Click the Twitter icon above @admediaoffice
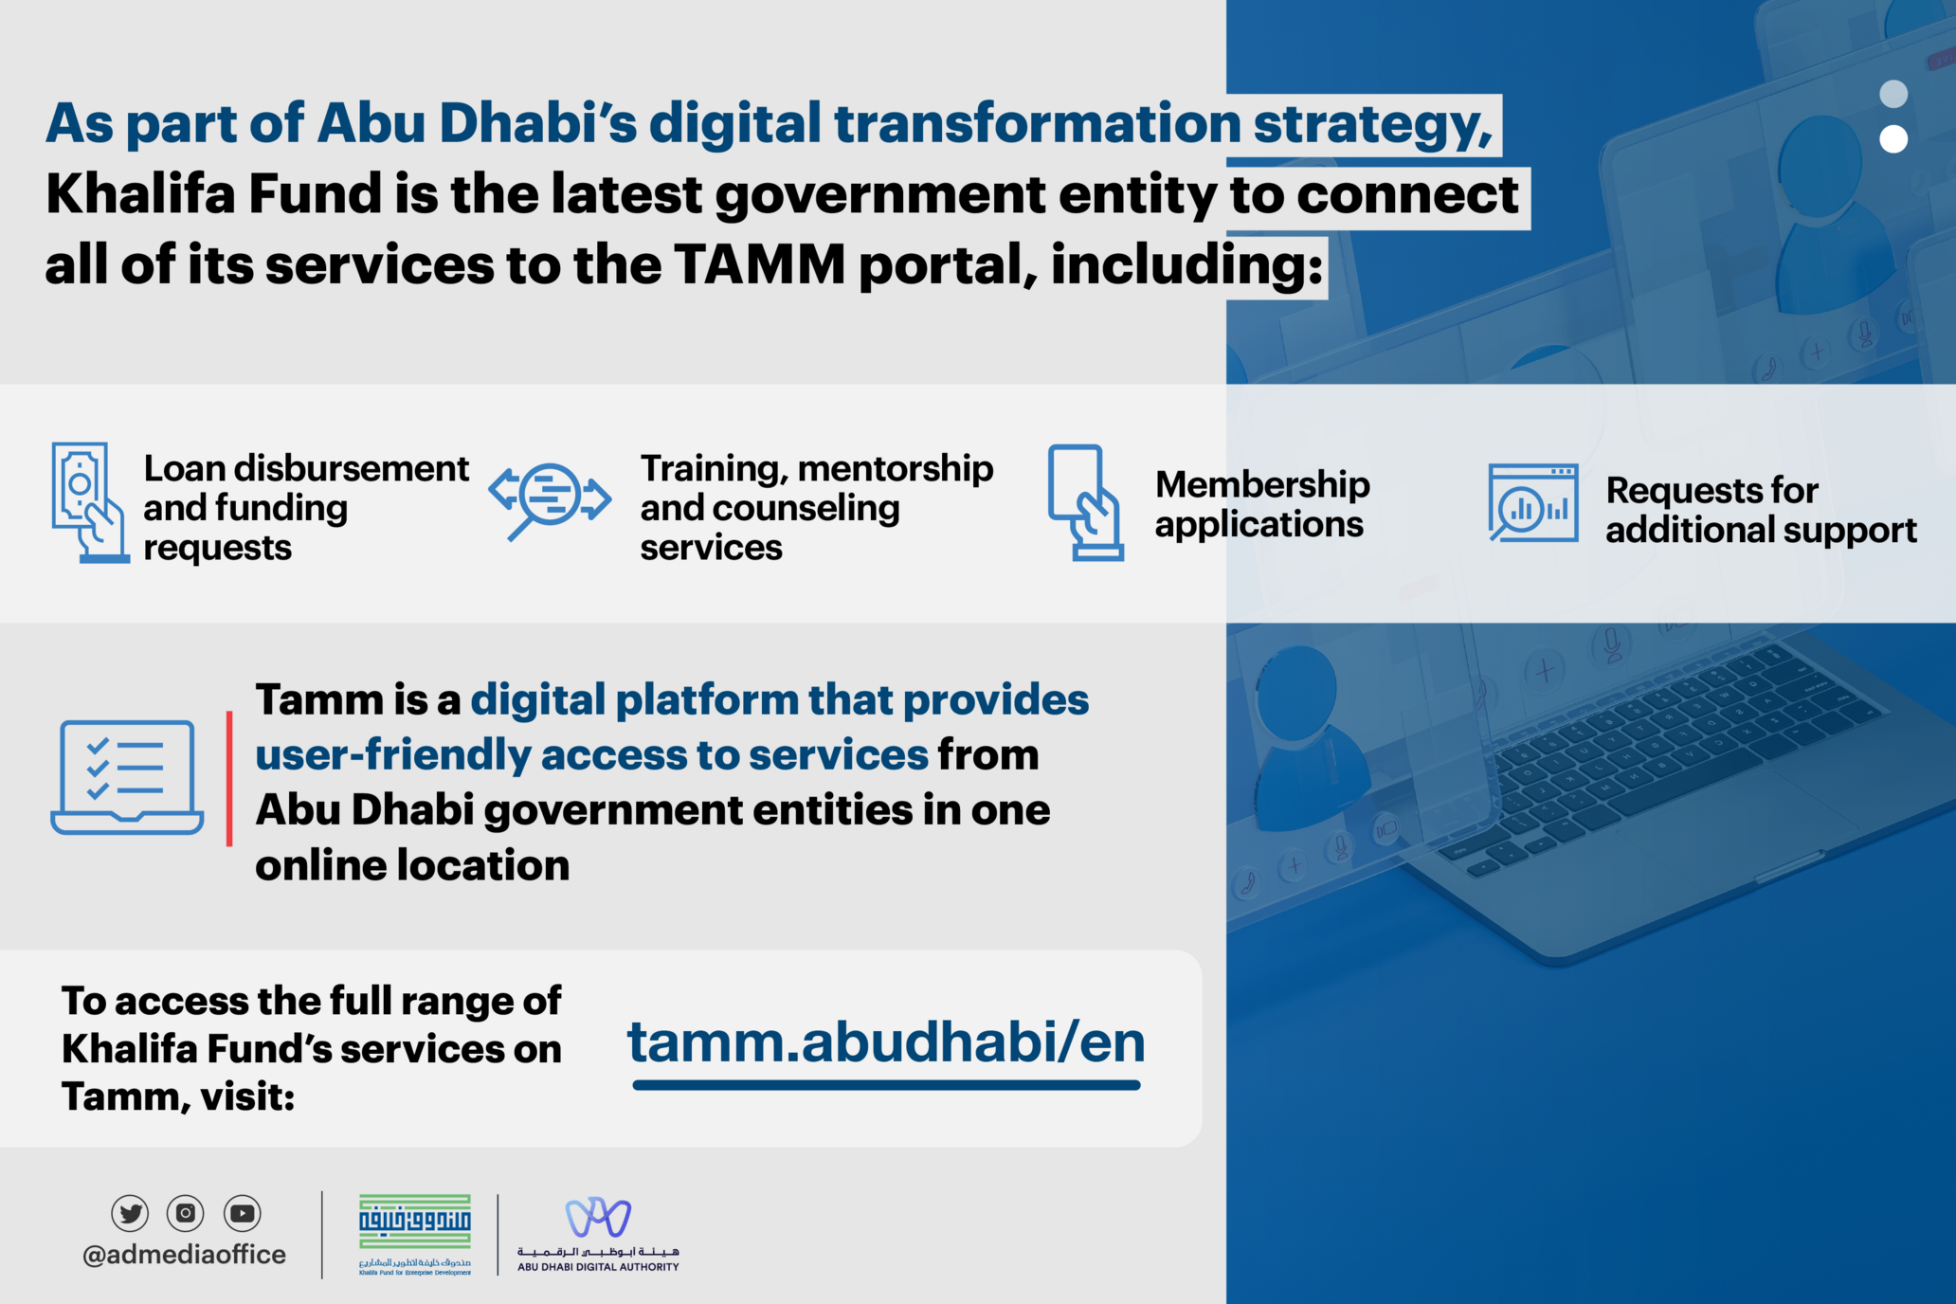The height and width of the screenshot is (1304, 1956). click(x=130, y=1213)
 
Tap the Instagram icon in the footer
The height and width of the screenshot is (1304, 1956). click(x=186, y=1213)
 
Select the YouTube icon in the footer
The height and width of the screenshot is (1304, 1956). click(x=243, y=1213)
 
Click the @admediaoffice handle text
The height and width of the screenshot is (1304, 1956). click(x=184, y=1255)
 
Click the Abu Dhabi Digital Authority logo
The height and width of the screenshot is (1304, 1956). click(x=598, y=1232)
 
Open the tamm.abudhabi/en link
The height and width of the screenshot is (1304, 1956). click(x=886, y=1043)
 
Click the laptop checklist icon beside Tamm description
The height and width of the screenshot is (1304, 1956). click(x=127, y=777)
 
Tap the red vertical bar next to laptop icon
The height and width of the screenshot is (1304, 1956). click(x=229, y=777)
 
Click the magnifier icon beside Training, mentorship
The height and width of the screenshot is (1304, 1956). click(x=551, y=498)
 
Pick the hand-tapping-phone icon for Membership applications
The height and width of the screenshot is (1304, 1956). click(x=1085, y=502)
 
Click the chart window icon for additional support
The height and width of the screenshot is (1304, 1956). click(x=1532, y=502)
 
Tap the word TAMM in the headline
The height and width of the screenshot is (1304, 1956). click(x=759, y=264)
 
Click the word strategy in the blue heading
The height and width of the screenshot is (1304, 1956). click(x=1372, y=124)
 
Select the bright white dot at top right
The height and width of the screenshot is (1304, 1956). click(x=1893, y=139)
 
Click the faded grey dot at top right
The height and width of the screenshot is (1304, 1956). click(x=1893, y=94)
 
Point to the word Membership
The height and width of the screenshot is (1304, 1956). click(x=1262, y=484)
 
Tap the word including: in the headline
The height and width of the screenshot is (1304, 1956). click(x=1186, y=264)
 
